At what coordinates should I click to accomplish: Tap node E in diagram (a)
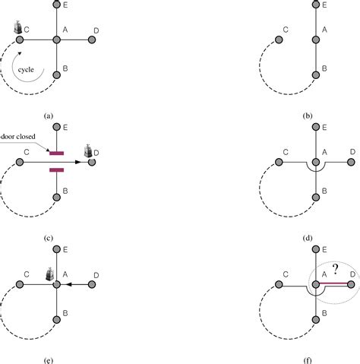(x=56, y=5)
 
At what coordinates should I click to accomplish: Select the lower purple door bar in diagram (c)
(x=56, y=170)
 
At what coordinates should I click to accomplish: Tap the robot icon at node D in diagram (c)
(x=90, y=150)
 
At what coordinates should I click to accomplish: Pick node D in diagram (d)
(x=352, y=161)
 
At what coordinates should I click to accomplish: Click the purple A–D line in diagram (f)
(x=334, y=284)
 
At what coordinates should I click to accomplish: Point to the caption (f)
(x=307, y=353)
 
